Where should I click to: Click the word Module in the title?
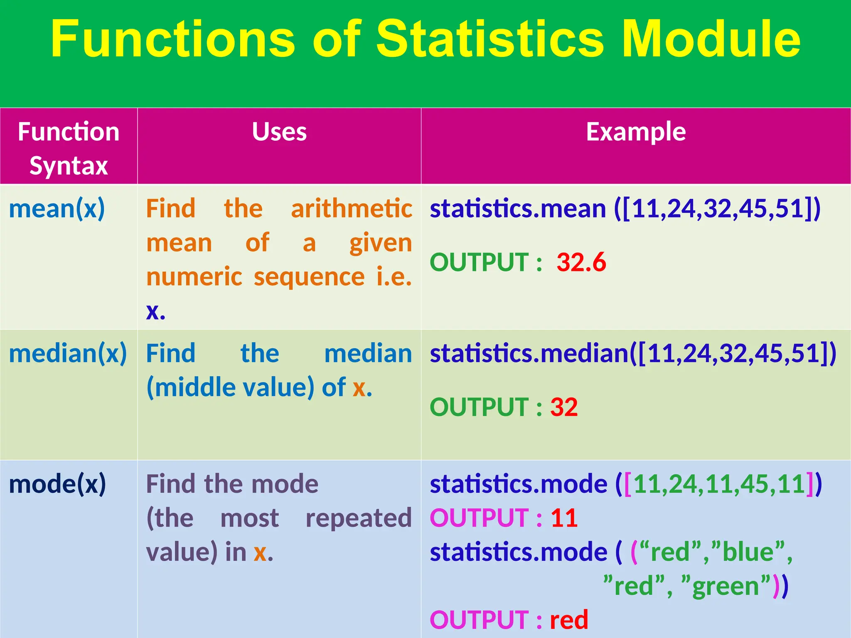point(711,39)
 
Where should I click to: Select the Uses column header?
point(279,132)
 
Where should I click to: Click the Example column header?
point(636,132)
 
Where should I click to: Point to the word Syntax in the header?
point(69,166)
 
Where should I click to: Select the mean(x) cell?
point(57,209)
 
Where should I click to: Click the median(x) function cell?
point(68,353)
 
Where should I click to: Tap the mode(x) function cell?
point(57,484)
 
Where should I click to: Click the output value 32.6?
point(581,263)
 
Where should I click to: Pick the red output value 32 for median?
point(564,407)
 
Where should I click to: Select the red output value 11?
point(564,518)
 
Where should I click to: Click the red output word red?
point(569,620)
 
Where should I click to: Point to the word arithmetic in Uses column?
point(351,209)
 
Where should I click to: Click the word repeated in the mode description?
point(358,518)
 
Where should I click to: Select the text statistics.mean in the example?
point(517,209)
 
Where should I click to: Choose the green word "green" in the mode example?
point(726,586)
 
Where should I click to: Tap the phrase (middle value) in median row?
point(231,388)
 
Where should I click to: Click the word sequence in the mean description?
point(309,277)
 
